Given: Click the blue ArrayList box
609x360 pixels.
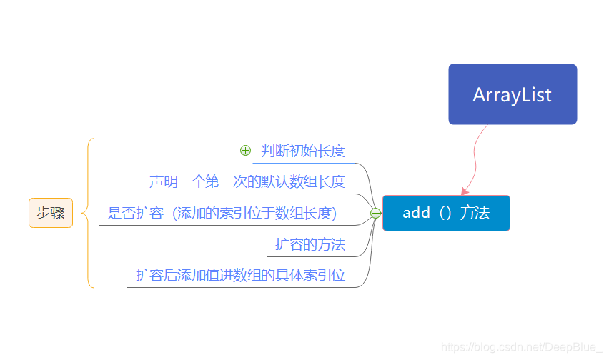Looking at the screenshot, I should (513, 94).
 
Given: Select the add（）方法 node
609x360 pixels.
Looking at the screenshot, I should (446, 213).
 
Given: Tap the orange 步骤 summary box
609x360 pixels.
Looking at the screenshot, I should (51, 213).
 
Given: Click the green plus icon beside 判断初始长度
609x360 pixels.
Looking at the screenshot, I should (245, 151).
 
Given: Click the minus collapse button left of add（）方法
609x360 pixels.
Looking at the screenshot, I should (375, 213).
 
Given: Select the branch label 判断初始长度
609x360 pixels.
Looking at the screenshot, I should (303, 151).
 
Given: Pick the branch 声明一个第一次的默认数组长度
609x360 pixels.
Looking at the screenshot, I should (247, 181).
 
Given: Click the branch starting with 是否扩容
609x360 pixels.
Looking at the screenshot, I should (222, 213).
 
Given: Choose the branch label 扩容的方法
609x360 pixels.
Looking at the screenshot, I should (310, 244).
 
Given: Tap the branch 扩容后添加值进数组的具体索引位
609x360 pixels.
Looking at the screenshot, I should (240, 275).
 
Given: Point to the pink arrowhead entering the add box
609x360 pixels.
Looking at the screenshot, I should (465, 191).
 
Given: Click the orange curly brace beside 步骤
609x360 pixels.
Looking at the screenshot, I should (89, 213).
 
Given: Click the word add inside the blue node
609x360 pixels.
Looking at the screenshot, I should (416, 213).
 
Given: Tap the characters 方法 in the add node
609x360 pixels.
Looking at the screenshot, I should (475, 213).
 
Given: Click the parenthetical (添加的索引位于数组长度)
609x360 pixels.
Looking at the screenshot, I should (254, 213).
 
